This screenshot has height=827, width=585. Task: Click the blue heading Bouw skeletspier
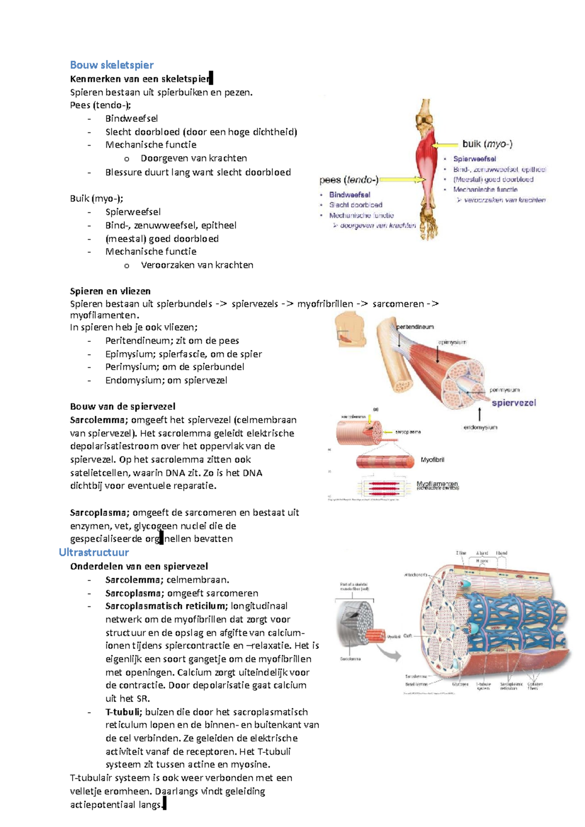pyautogui.click(x=112, y=65)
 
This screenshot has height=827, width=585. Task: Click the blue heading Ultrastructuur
pyautogui.click(x=94, y=552)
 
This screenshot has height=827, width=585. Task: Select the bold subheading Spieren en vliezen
pyautogui.click(x=110, y=291)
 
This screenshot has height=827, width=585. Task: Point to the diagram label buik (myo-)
pyautogui.click(x=487, y=144)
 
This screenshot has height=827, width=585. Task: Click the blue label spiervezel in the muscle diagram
pyautogui.click(x=513, y=403)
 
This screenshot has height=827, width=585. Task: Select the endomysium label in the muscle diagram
pyautogui.click(x=480, y=427)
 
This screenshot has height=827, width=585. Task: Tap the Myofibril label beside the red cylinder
pyautogui.click(x=432, y=460)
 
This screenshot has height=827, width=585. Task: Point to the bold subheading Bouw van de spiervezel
pyautogui.click(x=122, y=406)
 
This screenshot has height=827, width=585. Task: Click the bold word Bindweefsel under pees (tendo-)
pyautogui.click(x=350, y=195)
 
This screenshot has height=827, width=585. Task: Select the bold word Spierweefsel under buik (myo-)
pyautogui.click(x=474, y=159)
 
